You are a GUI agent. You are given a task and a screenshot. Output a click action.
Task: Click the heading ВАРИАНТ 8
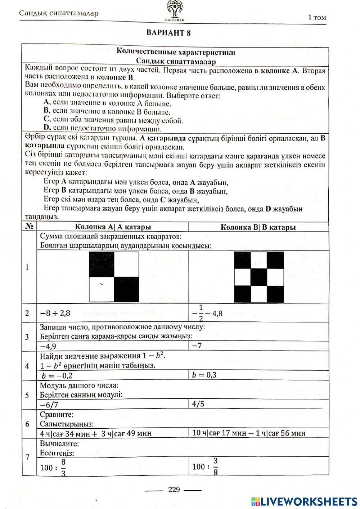point(168,33)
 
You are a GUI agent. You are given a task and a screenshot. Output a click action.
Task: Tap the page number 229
point(174,490)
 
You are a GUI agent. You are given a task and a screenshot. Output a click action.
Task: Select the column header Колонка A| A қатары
point(113,227)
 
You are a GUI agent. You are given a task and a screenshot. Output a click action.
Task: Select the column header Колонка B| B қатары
point(258,227)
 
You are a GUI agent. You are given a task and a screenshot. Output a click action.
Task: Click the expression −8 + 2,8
point(55,313)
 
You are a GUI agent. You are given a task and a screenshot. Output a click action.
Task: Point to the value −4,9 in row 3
point(48,346)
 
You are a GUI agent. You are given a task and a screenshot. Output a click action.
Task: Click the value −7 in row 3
point(197,346)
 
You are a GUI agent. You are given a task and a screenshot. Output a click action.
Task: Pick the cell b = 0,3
point(204,375)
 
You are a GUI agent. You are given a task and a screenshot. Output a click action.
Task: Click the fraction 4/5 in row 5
point(198,404)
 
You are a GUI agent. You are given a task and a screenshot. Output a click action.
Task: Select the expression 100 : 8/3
point(53,467)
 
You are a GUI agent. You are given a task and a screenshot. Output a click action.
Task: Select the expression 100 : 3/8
point(206,467)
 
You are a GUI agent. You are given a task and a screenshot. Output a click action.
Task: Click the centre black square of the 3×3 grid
point(259,277)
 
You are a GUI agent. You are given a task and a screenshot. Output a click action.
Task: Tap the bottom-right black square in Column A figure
point(126,289)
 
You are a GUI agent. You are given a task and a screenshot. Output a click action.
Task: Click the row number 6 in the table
point(27,424)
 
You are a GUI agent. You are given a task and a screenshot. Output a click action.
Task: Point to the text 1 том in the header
point(317,17)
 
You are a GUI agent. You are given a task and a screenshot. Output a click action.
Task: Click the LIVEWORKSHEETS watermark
point(304,501)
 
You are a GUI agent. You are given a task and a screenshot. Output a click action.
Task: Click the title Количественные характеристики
point(176,52)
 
